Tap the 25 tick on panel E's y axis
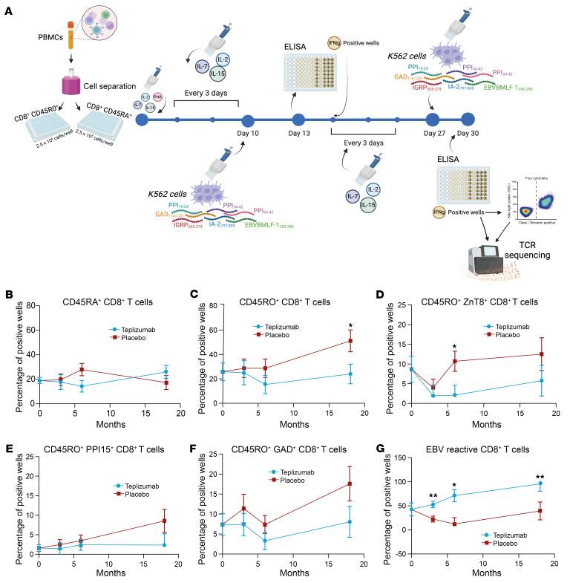pyautogui.click(x=27, y=458)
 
